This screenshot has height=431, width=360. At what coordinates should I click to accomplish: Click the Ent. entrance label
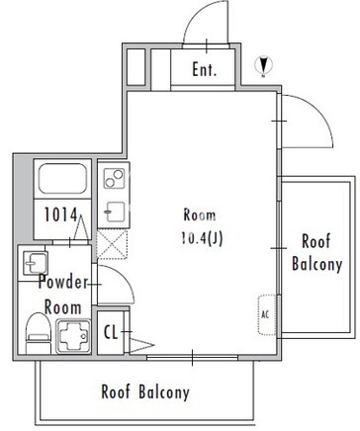[205, 69]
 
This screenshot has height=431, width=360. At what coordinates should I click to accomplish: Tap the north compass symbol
[264, 65]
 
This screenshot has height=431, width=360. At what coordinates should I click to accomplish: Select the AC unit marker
[266, 314]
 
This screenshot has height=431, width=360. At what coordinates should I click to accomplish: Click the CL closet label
[111, 332]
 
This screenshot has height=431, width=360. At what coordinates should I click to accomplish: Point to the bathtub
[62, 179]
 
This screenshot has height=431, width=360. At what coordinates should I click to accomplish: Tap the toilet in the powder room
[39, 333]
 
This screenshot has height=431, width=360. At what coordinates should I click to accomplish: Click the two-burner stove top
[114, 178]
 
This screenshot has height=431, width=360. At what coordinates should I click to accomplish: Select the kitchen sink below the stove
[115, 212]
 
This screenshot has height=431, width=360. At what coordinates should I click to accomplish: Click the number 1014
[60, 215]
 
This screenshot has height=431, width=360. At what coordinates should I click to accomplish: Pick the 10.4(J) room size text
[202, 238]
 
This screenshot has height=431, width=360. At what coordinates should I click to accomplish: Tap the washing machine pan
[73, 336]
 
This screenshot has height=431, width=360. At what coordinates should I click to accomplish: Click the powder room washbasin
[36, 263]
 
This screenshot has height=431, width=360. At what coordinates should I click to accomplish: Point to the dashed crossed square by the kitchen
[112, 244]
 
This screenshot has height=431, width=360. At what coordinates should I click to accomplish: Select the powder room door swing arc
[127, 278]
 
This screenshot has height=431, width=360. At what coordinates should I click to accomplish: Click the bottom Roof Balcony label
[145, 391]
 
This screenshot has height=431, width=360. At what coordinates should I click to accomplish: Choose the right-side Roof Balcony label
[316, 252]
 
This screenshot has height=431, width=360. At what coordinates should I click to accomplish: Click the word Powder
[63, 282]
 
